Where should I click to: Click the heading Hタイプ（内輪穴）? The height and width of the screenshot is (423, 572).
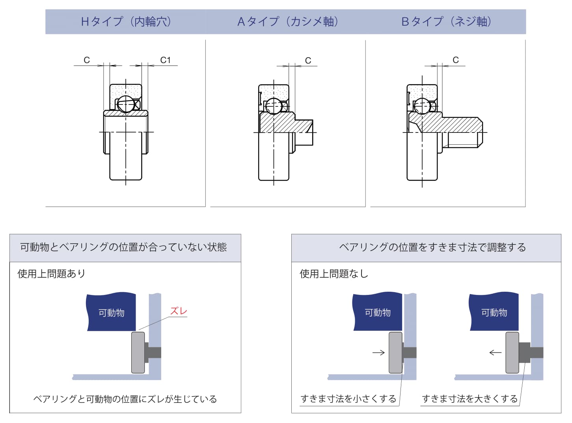tap(126, 21)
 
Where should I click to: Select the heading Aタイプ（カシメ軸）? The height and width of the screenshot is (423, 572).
tap(288, 21)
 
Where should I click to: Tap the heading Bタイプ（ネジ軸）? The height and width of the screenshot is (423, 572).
tap(446, 21)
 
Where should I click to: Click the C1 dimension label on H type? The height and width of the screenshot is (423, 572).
tap(166, 60)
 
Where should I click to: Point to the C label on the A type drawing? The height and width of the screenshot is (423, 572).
tap(308, 60)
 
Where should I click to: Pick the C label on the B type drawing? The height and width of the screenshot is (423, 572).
tap(456, 60)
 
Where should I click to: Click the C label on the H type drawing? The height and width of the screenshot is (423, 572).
tap(87, 60)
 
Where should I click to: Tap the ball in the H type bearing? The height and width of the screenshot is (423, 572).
tap(126, 104)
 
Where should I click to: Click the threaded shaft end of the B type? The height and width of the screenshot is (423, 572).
tap(463, 132)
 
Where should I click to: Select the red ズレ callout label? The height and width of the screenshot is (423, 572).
tap(179, 311)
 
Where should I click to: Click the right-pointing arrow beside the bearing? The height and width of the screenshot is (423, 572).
tap(378, 352)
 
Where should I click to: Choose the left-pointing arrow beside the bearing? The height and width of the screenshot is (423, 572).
tap(495, 352)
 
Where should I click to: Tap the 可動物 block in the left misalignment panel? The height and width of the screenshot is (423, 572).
tap(111, 313)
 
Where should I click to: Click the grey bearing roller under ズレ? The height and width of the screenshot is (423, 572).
tap(138, 352)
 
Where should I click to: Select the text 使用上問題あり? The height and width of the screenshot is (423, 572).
tap(51, 274)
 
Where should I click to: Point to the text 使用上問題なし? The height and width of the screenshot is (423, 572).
tap(334, 274)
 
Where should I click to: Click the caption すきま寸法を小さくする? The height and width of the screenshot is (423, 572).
tap(348, 399)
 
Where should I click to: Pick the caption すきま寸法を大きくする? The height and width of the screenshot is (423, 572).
tap(470, 399)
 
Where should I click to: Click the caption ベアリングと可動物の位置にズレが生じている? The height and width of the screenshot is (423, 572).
tap(125, 399)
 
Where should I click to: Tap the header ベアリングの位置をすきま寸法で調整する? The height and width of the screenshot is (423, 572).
tap(432, 247)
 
